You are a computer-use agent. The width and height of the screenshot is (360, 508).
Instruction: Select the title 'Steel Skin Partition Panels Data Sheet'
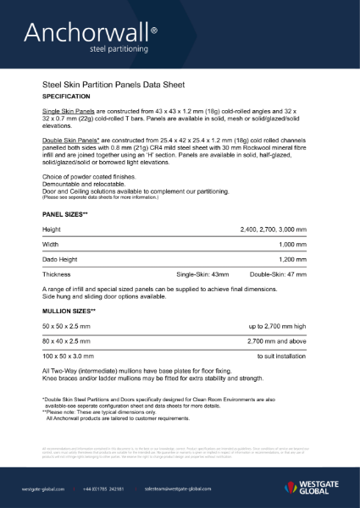[x=119, y=86]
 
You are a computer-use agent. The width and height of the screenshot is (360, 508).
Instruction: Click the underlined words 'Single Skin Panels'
[x=70, y=112]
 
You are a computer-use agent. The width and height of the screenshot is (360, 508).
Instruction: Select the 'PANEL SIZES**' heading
[x=65, y=215]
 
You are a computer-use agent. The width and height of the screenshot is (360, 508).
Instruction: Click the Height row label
[x=52, y=229]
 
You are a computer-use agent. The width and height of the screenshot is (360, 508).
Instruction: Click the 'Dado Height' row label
[x=61, y=260]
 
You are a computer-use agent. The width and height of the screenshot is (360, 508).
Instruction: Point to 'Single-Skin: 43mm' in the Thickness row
[x=202, y=275]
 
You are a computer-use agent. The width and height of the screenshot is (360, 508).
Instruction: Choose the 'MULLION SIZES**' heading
[x=69, y=312]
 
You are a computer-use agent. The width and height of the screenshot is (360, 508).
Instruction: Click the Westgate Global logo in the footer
[x=313, y=488]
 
